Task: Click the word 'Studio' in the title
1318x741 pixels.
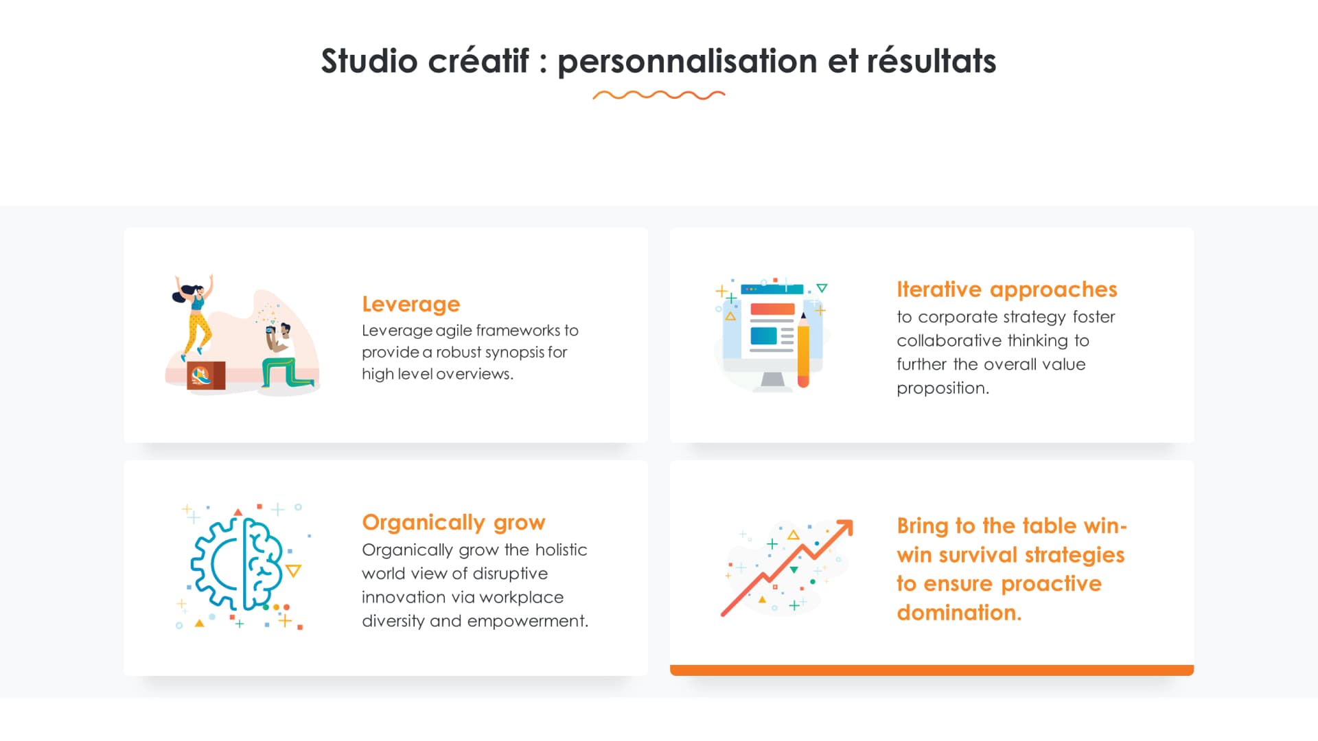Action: (x=369, y=61)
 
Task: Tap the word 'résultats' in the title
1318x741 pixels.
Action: (x=931, y=61)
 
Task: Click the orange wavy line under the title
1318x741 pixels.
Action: (x=659, y=95)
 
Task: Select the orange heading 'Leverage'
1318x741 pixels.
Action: (x=411, y=304)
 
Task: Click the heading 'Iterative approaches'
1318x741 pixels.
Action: (x=1006, y=290)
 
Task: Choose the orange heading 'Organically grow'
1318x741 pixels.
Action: (x=453, y=522)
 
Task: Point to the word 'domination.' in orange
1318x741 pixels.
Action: (x=959, y=612)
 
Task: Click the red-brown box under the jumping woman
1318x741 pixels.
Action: (x=205, y=375)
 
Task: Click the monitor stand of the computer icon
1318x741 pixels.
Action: (x=773, y=380)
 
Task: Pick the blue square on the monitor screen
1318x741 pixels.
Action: (x=763, y=336)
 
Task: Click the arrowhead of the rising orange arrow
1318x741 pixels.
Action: (x=845, y=528)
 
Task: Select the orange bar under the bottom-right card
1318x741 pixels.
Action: (x=932, y=670)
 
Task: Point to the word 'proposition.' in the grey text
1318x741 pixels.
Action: (x=943, y=388)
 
